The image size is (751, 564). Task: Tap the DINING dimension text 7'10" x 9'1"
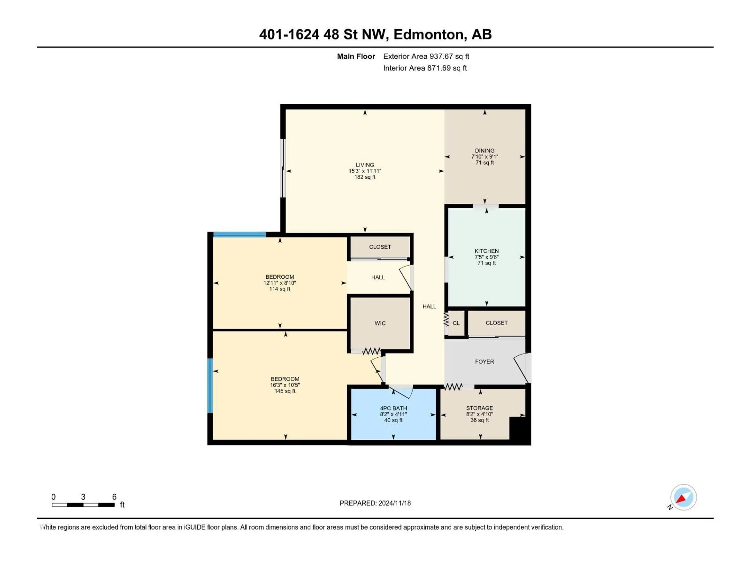[484, 157]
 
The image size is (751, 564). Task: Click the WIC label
[380, 323]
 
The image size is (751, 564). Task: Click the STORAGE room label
[479, 408]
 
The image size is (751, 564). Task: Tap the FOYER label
[484, 362]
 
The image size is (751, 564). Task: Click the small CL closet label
[456, 323]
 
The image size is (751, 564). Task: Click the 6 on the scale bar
[114, 497]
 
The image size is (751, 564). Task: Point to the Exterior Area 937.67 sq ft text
[426, 56]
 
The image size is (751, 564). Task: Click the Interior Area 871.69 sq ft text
[425, 68]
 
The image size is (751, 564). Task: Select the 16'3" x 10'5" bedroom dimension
[285, 385]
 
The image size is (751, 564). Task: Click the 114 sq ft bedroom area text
[280, 289]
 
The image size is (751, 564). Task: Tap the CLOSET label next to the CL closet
[496, 323]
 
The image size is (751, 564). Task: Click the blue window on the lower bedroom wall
[210, 386]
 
